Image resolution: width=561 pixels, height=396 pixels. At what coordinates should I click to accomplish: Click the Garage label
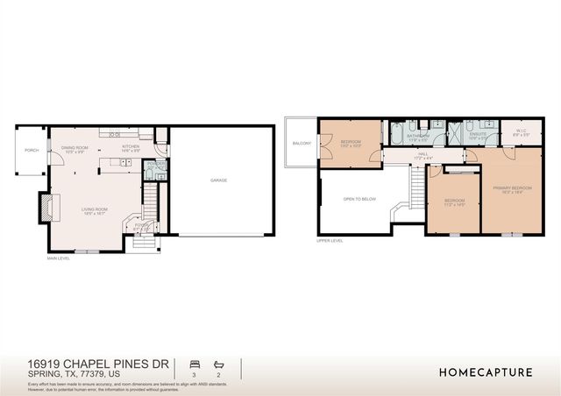click(218, 180)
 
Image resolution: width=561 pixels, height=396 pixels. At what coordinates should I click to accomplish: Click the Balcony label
click(302, 143)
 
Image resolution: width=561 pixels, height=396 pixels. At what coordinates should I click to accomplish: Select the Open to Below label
click(359, 199)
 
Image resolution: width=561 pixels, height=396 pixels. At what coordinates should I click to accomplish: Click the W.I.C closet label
click(520, 132)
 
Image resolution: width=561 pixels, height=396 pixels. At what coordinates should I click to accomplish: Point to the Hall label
click(423, 155)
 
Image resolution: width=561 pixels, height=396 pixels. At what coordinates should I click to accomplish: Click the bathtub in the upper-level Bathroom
click(396, 133)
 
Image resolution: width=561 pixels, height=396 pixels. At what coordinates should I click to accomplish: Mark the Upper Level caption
click(330, 240)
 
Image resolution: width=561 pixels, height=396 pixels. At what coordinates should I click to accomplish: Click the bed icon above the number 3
click(194, 363)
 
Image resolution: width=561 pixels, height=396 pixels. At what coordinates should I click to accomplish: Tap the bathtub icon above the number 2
click(219, 363)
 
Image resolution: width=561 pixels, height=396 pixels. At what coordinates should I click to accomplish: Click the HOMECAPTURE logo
click(486, 372)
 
